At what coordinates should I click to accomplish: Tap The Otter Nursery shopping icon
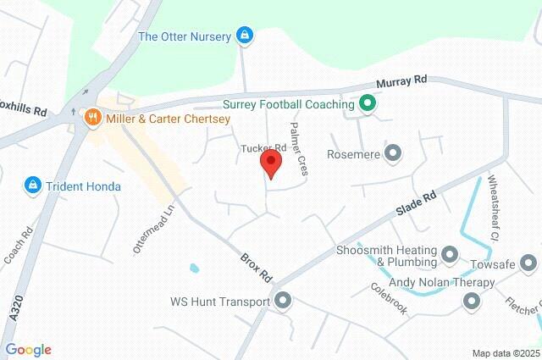click(245, 36)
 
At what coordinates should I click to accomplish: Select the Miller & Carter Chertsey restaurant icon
click(92, 119)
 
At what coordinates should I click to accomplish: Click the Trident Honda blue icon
click(32, 186)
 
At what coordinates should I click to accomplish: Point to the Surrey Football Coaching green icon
click(367, 104)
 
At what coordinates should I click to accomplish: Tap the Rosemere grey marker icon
click(392, 154)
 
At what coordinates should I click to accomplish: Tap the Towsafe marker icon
click(529, 265)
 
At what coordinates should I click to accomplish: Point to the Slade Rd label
click(417, 206)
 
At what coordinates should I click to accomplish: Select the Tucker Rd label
click(259, 149)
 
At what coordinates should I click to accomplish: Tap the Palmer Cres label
click(298, 147)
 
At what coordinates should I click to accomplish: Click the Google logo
click(28, 349)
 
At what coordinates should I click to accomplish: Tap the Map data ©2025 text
click(506, 352)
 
